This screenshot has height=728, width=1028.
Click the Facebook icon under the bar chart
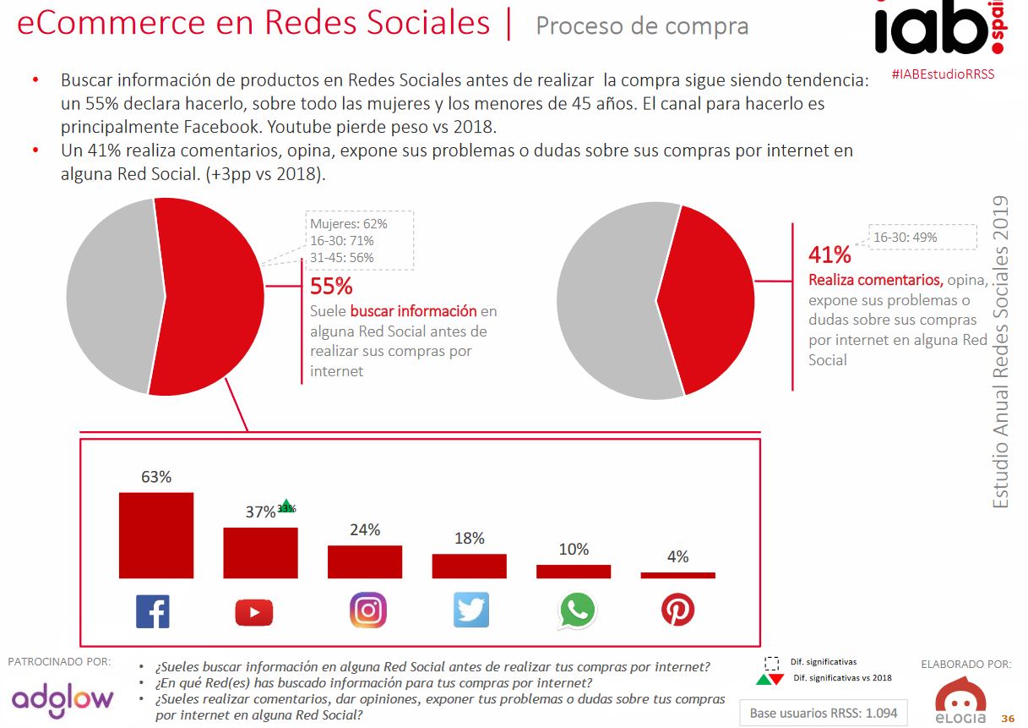(x=153, y=610)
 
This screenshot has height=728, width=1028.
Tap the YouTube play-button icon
(x=255, y=610)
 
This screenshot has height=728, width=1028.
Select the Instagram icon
(x=367, y=610)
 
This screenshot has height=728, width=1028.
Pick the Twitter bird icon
(x=471, y=610)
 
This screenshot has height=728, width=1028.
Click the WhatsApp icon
(x=576, y=610)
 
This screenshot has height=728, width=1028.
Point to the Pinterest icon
(x=677, y=610)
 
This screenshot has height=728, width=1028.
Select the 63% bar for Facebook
(x=156, y=535)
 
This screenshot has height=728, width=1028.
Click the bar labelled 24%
(x=365, y=561)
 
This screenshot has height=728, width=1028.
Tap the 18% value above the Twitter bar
(x=470, y=539)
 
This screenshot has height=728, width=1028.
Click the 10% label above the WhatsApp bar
(x=574, y=550)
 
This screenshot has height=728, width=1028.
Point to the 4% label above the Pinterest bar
(x=677, y=557)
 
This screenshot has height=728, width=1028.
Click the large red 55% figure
(x=331, y=287)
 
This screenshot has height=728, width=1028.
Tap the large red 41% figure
(x=829, y=255)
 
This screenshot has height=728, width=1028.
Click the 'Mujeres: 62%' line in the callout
(x=348, y=224)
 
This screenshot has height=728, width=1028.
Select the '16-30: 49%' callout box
(x=905, y=238)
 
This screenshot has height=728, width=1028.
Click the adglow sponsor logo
(x=63, y=699)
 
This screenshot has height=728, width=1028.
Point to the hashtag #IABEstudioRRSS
(x=943, y=74)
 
